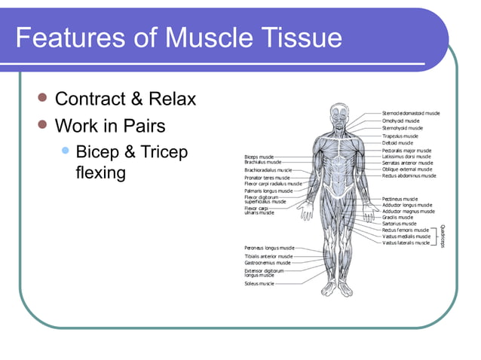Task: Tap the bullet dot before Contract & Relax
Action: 43,98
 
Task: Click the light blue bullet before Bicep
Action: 65,151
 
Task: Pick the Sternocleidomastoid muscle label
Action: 411,113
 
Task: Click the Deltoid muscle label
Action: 397,142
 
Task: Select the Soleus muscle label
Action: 259,284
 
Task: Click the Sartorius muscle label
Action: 399,224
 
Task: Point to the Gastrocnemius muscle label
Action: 267,263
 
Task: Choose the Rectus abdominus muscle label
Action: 409,175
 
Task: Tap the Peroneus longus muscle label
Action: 269,247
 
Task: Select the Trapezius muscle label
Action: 400,136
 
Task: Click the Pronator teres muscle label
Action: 266,177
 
